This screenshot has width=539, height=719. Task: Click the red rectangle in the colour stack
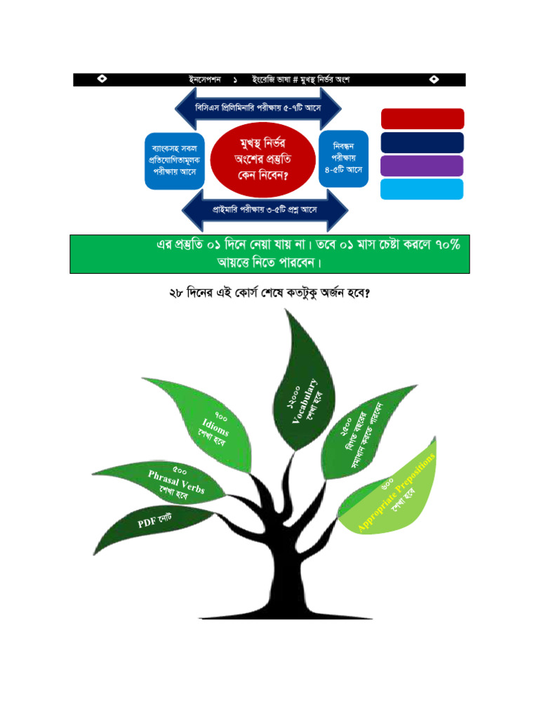click(422, 119)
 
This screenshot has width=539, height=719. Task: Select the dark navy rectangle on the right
click(422, 143)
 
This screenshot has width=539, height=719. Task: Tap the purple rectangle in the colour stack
click(422, 166)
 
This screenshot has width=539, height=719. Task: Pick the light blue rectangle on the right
click(422, 189)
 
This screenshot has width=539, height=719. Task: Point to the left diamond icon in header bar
click(102, 79)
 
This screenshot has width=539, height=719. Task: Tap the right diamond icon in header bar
click(435, 79)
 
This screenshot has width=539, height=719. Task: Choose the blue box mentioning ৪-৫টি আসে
click(343, 159)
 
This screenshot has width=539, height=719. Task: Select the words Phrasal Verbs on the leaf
click(176, 482)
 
